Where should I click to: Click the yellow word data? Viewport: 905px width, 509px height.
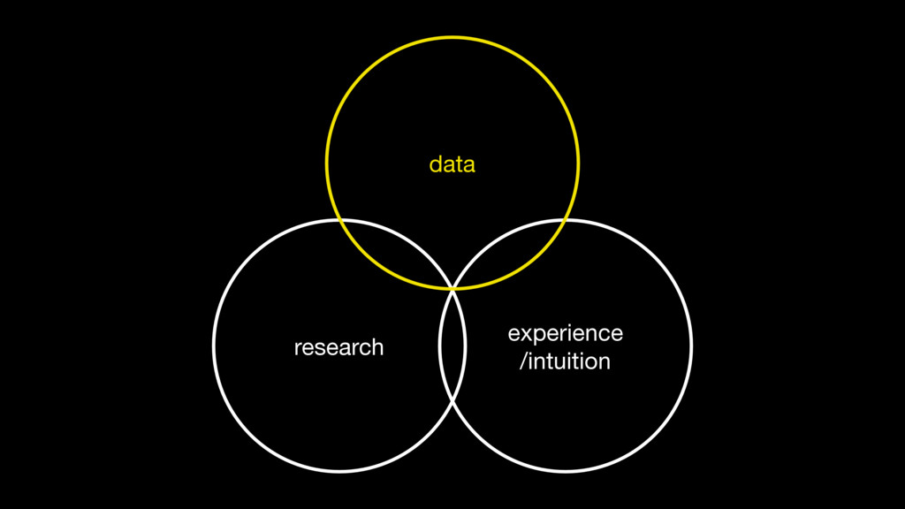pyautogui.click(x=452, y=164)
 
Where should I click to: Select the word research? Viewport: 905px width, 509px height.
pyautogui.click(x=338, y=347)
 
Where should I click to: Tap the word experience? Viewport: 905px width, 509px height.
pyautogui.click(x=566, y=333)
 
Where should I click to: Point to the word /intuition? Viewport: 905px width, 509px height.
pyautogui.click(x=566, y=361)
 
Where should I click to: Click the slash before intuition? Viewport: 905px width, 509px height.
pyautogui.click(x=523, y=361)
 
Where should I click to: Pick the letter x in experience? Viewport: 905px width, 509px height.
pyautogui.click(x=521, y=334)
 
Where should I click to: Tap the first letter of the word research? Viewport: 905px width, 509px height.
pyautogui.click(x=297, y=348)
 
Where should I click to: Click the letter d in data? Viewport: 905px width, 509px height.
pyautogui.click(x=434, y=164)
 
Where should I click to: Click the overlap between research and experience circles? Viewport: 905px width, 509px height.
pyautogui.click(x=452, y=345)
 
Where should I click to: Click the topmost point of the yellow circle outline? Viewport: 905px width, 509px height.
pyautogui.click(x=452, y=37)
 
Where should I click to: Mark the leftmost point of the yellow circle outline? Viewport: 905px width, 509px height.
pyautogui.click(x=327, y=163)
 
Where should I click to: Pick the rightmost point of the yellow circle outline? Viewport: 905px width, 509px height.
pyautogui.click(x=579, y=163)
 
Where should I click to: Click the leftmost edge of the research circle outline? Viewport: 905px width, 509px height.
pyautogui.click(x=214, y=346)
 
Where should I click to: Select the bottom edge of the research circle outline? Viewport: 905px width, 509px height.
pyautogui.click(x=339, y=471)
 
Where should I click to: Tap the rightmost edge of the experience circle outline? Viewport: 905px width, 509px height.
pyautogui.click(x=691, y=346)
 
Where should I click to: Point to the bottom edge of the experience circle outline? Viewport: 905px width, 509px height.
pyautogui.click(x=566, y=471)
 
